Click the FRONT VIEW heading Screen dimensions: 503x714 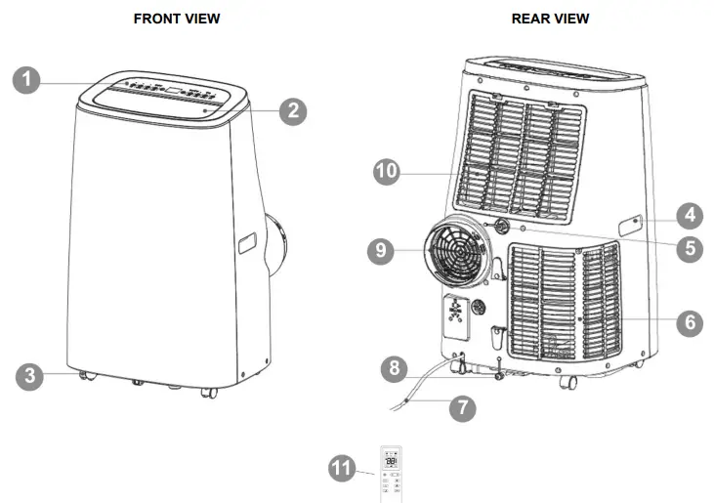[177, 19]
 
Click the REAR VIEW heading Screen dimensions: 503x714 [550, 19]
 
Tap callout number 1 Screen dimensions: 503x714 [27, 79]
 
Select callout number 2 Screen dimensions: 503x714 [292, 110]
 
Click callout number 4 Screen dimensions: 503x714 [690, 214]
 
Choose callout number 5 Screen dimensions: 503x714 [690, 248]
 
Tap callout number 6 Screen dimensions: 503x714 [690, 321]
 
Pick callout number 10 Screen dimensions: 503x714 [389, 170]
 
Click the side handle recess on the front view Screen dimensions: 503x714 [247, 244]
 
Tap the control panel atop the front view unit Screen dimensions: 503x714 [166, 95]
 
